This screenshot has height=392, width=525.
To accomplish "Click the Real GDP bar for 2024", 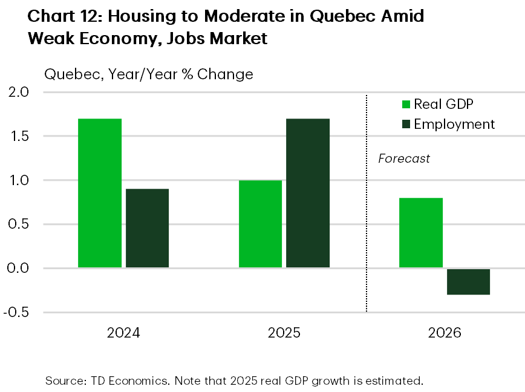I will point(100,193).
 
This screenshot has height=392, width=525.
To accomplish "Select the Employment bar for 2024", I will point(147,228).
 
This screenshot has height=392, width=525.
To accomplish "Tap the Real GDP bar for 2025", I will point(260,224).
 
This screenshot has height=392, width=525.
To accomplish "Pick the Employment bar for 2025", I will point(308,193).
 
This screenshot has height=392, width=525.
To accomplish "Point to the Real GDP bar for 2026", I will point(421,233).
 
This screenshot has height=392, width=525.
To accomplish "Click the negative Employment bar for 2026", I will point(468,282).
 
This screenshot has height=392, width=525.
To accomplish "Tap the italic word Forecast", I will point(404,159).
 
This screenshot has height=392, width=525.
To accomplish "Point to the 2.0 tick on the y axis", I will point(19,93).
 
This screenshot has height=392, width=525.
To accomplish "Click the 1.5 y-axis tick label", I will point(19,137).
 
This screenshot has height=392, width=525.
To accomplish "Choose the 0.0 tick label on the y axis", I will point(19,269).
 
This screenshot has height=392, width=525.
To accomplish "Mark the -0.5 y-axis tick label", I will point(17,313).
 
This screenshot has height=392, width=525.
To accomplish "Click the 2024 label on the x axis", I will point(123,333).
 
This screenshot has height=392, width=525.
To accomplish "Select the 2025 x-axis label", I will point(284,333).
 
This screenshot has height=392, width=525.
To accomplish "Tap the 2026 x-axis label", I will point(445,333).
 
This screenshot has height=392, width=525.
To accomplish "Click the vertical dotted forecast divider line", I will point(367,242).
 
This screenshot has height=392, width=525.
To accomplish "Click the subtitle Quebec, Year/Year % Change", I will point(148,74).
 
